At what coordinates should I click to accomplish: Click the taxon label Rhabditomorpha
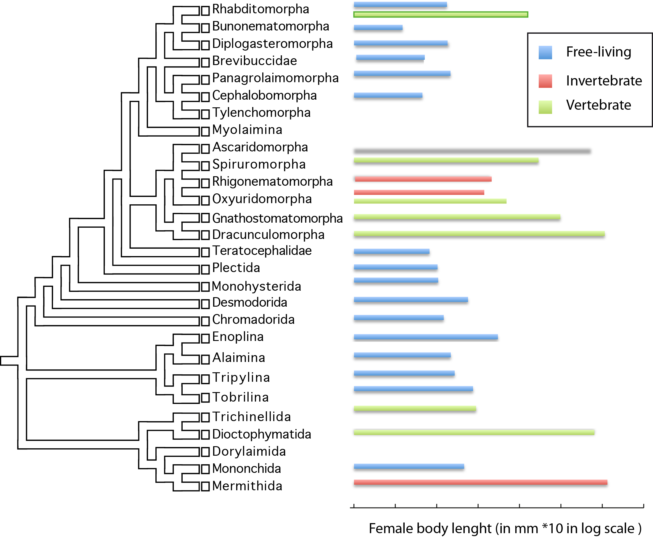coord(260,9)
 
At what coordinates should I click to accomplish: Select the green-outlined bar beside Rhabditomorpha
coord(440,14)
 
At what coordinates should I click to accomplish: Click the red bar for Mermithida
coord(480,482)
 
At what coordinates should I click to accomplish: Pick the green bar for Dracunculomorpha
coord(479,234)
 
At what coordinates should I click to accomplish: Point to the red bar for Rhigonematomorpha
coord(423,179)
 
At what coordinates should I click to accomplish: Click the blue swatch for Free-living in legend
coord(545,53)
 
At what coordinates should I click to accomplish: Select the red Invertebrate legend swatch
coord(545,81)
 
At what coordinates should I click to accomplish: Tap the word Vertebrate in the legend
coord(599,105)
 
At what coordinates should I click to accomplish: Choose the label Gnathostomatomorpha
coord(277,219)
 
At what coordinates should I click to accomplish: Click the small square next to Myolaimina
coord(205,132)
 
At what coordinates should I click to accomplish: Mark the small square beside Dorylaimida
coord(205,452)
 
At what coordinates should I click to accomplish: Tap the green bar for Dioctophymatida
coord(474,432)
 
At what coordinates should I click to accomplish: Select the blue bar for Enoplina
coord(426,337)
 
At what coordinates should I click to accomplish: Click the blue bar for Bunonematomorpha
coord(378,28)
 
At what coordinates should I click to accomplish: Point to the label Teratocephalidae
coord(262,250)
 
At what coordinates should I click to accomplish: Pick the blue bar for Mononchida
coord(409,466)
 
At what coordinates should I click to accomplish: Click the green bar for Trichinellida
coord(415,409)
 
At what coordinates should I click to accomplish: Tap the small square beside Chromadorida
coord(205,321)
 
